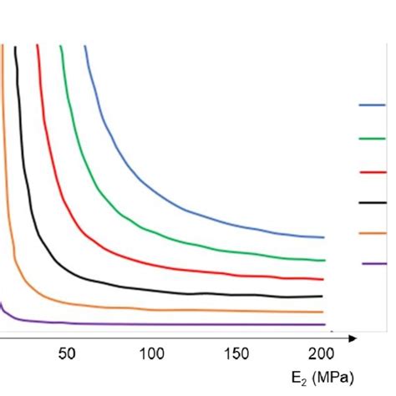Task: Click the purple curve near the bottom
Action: [167, 323]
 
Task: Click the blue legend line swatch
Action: [372, 106]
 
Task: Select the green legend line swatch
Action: [372, 138]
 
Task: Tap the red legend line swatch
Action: [372, 170]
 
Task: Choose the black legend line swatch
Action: [372, 201]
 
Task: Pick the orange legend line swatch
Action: [372, 233]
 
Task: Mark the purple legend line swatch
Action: [373, 264]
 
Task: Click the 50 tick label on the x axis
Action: [67, 353]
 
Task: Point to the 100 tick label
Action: [151, 353]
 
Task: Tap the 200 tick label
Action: [322, 353]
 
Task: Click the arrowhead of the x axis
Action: [353, 338]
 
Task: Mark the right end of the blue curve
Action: [323, 237]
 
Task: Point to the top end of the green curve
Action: [60, 47]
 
